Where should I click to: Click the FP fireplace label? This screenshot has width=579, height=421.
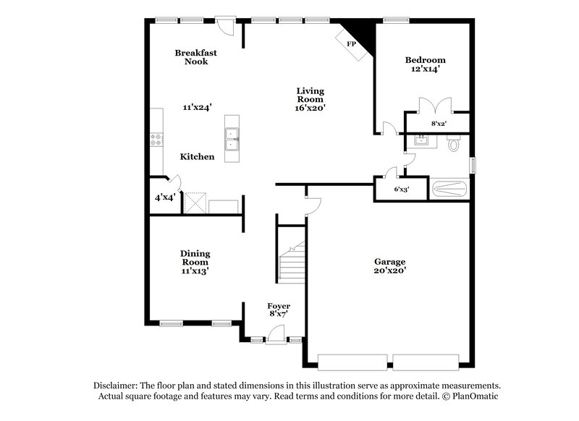pos(352,44)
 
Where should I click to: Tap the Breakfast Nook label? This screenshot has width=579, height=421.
pos(195,57)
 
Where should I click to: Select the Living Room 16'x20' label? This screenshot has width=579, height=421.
pos(310,99)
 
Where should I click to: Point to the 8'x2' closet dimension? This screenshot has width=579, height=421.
pos(439,124)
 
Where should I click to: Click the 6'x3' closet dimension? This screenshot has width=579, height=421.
pos(402,190)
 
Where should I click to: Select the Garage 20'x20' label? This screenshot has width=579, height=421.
pos(389,265)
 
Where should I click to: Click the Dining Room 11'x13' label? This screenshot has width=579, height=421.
pos(195,262)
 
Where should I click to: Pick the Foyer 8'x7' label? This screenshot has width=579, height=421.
pos(279,310)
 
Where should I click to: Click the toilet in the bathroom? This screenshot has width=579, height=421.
pos(455,144)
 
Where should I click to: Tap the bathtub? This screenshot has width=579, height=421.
pos(449,190)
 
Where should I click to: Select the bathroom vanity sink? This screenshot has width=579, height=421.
pos(421,141)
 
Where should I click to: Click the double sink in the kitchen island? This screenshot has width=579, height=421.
pos(232,138)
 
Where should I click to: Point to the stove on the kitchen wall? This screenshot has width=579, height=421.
pos(155,140)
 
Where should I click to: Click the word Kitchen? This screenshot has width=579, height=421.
pos(197,156)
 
